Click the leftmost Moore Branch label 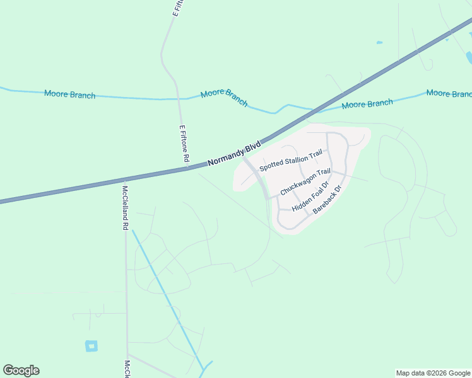69,94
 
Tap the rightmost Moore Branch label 449,93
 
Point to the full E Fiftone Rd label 184,144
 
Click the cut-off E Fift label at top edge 177,8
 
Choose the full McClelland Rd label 125,207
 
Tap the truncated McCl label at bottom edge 127,369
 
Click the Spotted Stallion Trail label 291,160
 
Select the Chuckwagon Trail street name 305,181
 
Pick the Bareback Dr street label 327,200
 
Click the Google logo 21,370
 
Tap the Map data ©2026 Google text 433,373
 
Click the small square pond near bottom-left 91,345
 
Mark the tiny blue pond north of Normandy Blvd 379,43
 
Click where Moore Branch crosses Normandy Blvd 311,111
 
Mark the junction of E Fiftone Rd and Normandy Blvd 187,169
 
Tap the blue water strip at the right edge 468,57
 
